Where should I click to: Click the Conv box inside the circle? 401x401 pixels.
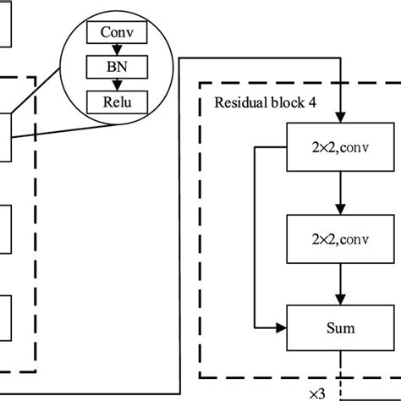(118, 33)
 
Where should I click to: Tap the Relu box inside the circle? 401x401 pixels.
(118, 103)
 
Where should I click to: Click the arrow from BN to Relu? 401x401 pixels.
(118, 85)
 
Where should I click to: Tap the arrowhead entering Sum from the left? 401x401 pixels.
(283, 327)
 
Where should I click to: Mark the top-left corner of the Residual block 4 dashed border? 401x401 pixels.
(200, 83)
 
